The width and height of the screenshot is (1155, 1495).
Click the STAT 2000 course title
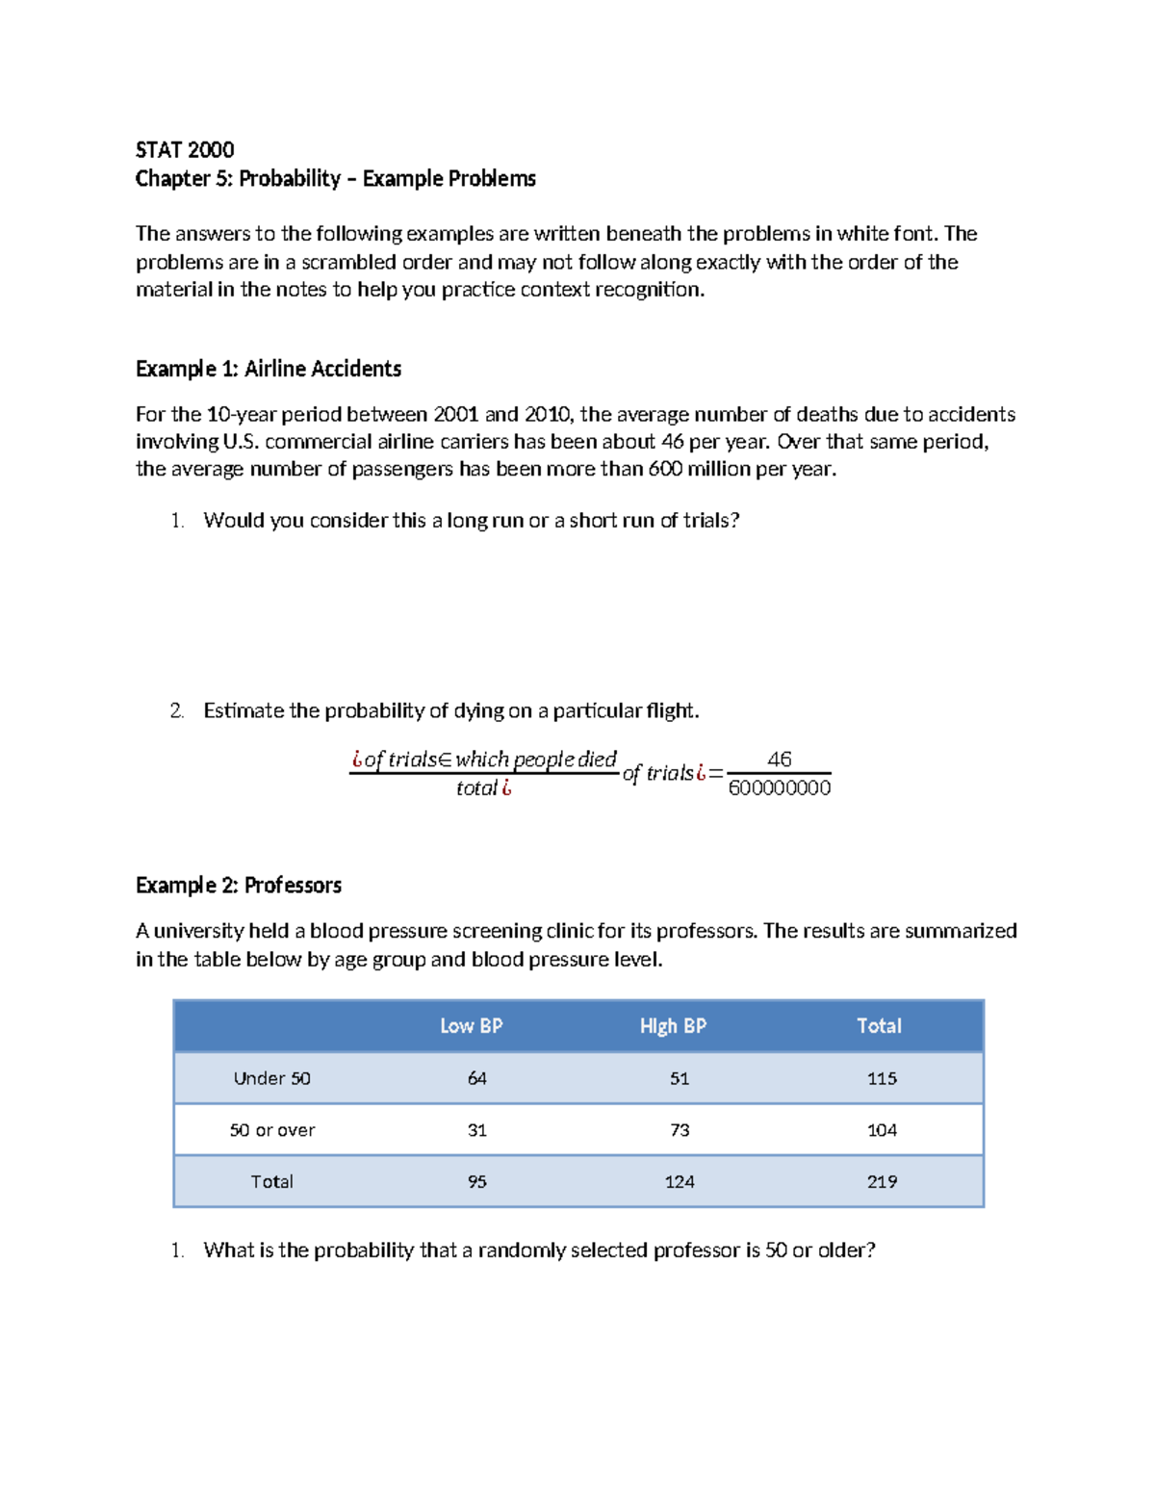click(185, 149)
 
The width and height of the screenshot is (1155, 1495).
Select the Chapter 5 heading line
click(335, 178)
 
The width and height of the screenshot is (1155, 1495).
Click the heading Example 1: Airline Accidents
click(268, 369)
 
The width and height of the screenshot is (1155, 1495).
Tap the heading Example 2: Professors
click(238, 885)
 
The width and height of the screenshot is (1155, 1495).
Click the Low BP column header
click(471, 1026)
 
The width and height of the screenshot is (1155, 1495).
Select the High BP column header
click(673, 1026)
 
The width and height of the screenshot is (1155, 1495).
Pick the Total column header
click(879, 1026)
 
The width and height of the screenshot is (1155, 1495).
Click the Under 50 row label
click(271, 1078)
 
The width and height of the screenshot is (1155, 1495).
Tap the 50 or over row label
click(271, 1130)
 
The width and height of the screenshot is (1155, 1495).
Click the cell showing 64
click(476, 1078)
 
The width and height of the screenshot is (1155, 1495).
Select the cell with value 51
click(680, 1078)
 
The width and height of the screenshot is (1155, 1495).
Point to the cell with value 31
click(476, 1130)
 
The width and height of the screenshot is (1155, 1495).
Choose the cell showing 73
click(680, 1130)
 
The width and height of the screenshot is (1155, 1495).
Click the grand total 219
click(882, 1182)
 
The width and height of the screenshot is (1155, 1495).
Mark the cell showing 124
click(680, 1182)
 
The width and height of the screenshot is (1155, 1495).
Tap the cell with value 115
click(882, 1078)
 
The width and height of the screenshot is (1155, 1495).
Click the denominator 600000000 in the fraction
click(779, 788)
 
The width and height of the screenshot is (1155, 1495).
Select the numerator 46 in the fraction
click(779, 760)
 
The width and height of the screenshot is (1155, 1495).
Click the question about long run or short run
click(471, 521)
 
